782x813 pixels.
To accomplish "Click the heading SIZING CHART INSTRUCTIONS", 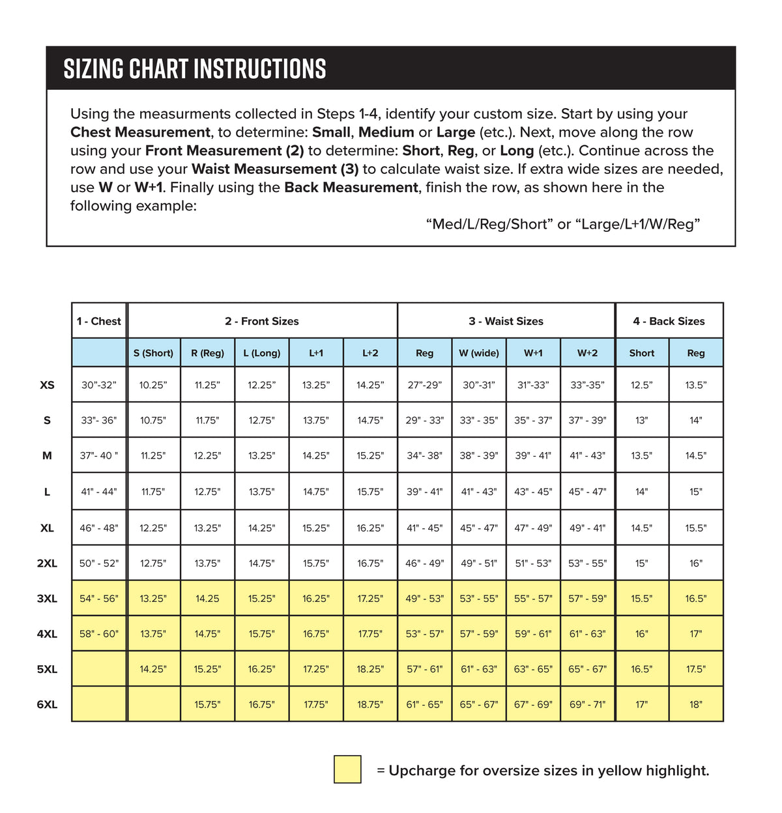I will (x=195, y=68).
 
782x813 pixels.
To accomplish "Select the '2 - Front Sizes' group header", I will (x=262, y=321).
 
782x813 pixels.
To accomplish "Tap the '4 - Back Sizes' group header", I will (x=669, y=321).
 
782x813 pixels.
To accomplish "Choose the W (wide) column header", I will (x=479, y=353).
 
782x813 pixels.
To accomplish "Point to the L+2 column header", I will (x=370, y=353).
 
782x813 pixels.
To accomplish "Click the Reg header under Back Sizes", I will (x=696, y=353).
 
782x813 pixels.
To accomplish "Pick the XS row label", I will (x=47, y=385).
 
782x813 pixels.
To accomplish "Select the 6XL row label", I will (x=47, y=704).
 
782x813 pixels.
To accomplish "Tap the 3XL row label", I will (x=47, y=599).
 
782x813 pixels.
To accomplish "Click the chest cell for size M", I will (x=99, y=455).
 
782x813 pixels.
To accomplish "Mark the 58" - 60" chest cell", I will (x=99, y=634).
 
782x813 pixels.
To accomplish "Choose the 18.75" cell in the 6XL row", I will (x=370, y=704).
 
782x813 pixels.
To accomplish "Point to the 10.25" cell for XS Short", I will (x=153, y=385).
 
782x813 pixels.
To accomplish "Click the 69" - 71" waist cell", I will (x=587, y=704).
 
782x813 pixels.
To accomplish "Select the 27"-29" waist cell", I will (x=424, y=385).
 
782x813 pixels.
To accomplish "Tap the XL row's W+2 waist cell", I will (x=587, y=528).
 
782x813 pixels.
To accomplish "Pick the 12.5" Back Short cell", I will (x=642, y=385).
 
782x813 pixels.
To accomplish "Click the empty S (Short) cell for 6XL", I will (x=154, y=704).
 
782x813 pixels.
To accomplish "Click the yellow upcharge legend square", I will (x=347, y=769).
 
